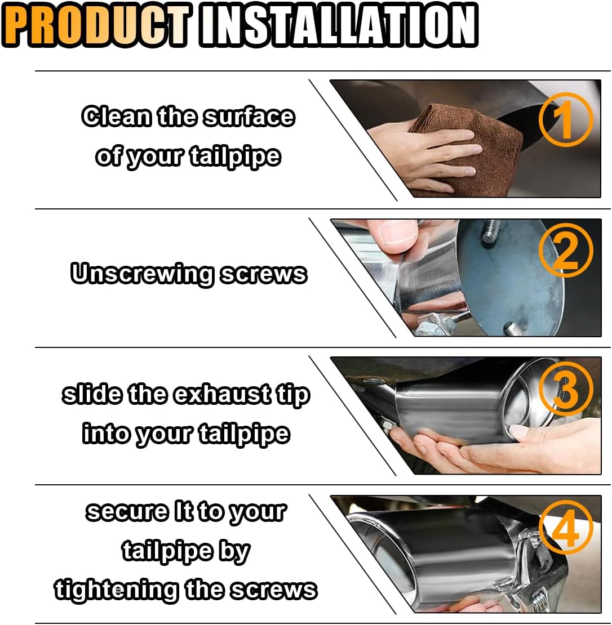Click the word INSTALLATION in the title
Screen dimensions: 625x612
pos(339,25)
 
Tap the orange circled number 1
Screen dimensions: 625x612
pos(566,119)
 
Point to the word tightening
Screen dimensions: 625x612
pos(116,590)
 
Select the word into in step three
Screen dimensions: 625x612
pos(107,434)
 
